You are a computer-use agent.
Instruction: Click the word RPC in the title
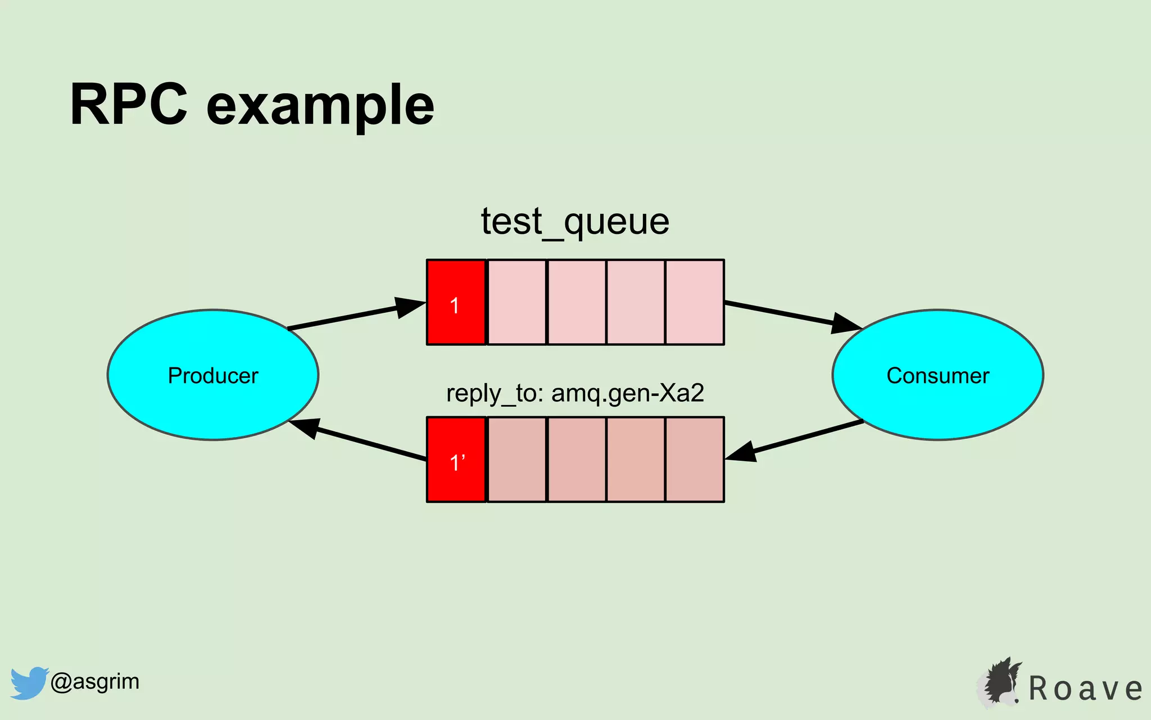point(128,105)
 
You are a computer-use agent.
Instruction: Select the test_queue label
point(575,222)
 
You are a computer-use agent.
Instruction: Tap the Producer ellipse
point(213,375)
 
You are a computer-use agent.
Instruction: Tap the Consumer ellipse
point(937,375)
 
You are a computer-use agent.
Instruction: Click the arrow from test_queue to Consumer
point(792,316)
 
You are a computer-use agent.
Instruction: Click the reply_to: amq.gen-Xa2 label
point(575,393)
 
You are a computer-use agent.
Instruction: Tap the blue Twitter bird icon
point(29,683)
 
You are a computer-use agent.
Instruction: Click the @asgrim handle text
point(95,682)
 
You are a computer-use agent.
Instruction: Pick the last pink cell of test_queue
point(695,303)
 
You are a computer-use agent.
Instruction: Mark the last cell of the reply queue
point(695,460)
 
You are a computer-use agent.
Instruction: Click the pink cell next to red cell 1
point(516,303)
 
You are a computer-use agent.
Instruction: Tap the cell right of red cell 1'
point(516,460)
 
